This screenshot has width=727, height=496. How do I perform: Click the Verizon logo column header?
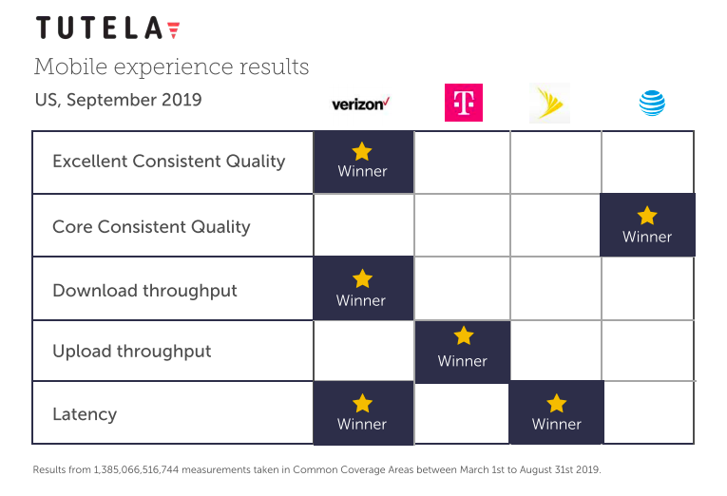coord(360,104)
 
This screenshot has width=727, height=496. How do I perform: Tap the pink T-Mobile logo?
coord(464,103)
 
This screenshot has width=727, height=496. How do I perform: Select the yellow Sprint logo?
coord(549,103)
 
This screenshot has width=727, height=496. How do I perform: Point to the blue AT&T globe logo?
coord(652,104)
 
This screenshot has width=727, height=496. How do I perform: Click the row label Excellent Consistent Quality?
coord(168,161)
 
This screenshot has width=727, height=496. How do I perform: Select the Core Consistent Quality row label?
coord(151,226)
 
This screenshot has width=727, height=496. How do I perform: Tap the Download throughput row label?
coord(144,290)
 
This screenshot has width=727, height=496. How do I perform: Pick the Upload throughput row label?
coord(131,351)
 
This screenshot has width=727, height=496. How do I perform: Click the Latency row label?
coord(85,413)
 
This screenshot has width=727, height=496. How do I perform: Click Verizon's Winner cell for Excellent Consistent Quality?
coord(363,162)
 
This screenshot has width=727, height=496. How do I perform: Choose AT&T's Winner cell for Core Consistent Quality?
coord(647,226)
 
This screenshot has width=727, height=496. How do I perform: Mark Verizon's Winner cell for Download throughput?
coord(362,289)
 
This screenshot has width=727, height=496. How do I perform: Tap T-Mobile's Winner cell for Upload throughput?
coord(463,351)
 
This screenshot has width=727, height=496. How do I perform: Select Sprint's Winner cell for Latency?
coord(557,413)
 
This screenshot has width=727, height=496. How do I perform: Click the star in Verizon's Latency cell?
coord(362,403)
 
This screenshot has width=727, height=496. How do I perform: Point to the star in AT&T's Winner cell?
coord(647,216)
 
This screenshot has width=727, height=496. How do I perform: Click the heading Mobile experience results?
coord(171,67)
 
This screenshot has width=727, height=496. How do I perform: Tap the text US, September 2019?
coord(118,100)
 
